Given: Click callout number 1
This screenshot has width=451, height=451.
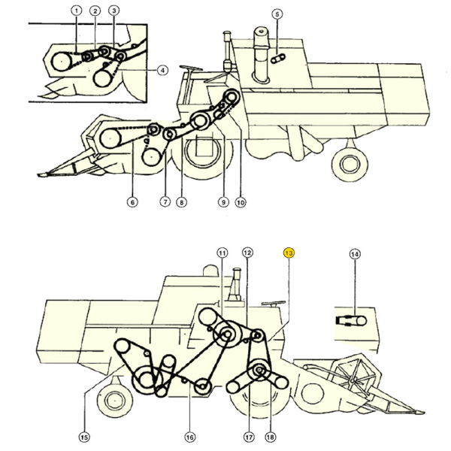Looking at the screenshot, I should pos(75,11).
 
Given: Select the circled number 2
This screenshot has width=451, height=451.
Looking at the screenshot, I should pos(95,11).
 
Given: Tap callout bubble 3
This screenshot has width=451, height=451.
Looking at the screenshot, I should pos(114,11).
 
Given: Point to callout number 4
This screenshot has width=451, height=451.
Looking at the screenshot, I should pos(162,70).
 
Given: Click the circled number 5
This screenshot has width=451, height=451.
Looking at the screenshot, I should pos(277,14).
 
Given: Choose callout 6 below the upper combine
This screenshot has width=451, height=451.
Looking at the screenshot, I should pos(132,201).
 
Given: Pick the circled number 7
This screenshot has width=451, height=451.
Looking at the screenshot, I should pos(165,201).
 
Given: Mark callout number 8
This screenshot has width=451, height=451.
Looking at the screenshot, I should pos(182,201).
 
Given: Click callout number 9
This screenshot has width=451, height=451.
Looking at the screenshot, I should pos(223,201).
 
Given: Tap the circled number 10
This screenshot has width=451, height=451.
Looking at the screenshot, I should pos(241,201).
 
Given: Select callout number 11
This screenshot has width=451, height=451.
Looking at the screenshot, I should pos(222,253).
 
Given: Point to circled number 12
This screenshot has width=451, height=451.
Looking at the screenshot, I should pos(247,253).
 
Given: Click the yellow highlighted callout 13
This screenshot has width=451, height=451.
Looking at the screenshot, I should pos(289,253).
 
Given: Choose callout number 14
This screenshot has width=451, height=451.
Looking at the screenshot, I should pos(355,254).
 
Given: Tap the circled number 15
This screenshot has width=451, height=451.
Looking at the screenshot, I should pos(83,437).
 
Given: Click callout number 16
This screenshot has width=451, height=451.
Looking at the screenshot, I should pos(189,437).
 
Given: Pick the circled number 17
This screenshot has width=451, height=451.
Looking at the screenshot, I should pos(249,437).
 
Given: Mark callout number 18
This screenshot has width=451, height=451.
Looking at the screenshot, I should pos(270,437).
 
